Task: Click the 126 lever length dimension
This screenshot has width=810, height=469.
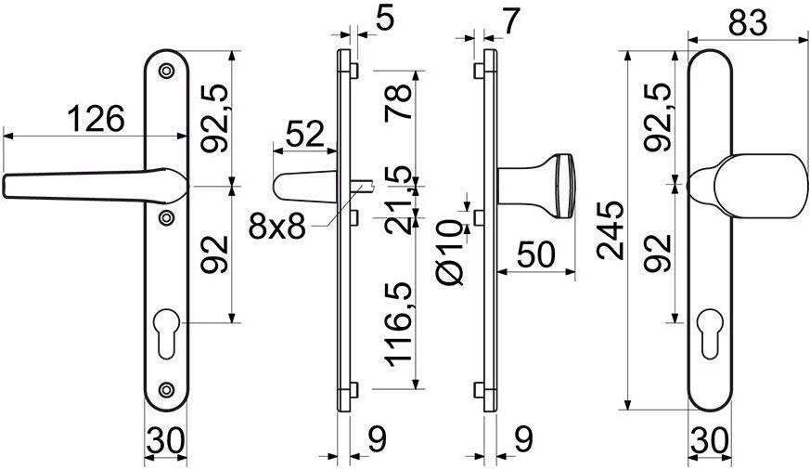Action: tap(96, 119)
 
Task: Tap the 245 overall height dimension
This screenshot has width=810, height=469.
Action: tap(611, 230)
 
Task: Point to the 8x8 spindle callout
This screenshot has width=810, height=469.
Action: tap(276, 227)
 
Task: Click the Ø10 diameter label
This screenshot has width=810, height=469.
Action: tap(451, 253)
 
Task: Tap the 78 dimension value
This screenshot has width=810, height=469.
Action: tap(398, 102)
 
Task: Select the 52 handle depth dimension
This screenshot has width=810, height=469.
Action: tap(304, 134)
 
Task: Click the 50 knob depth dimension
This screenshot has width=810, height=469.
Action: tap(536, 254)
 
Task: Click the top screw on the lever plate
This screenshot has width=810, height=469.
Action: tap(166, 71)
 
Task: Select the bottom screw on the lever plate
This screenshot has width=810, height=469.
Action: tap(166, 389)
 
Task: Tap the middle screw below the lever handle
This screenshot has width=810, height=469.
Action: tap(166, 217)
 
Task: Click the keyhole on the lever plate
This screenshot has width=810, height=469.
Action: tap(167, 333)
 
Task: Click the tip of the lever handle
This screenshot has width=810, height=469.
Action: tap(3, 187)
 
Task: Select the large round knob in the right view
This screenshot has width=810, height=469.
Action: tap(761, 186)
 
